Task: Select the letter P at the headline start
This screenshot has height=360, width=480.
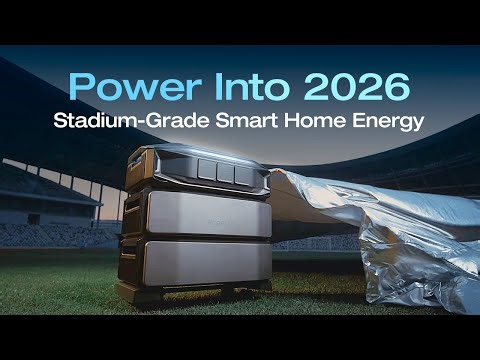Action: (81, 88)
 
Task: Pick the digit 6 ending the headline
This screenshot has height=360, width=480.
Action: (395, 88)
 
